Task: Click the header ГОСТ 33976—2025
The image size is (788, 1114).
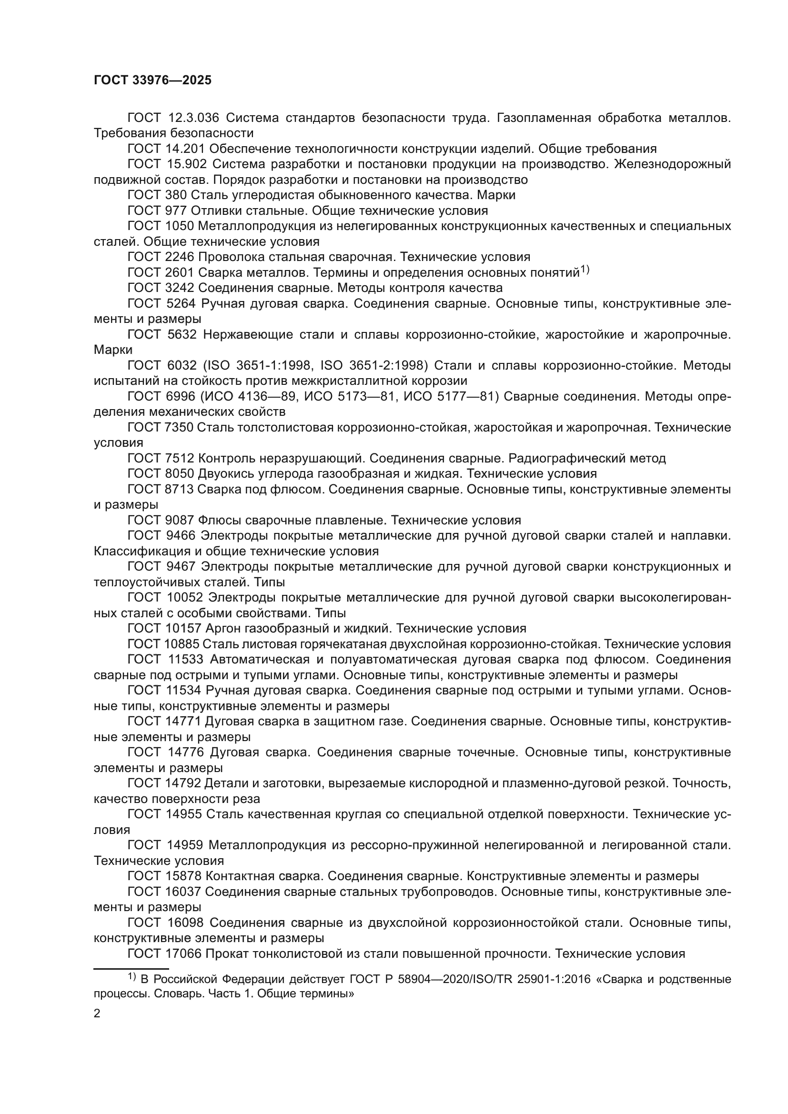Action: (152, 80)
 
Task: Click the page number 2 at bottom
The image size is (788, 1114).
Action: (97, 1014)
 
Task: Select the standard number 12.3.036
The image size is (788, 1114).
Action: (193, 118)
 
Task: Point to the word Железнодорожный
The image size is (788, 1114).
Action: (673, 164)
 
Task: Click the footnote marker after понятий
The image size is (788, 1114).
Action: (585, 270)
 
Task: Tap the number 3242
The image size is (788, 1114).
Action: (180, 288)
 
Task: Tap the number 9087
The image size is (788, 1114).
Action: (180, 520)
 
